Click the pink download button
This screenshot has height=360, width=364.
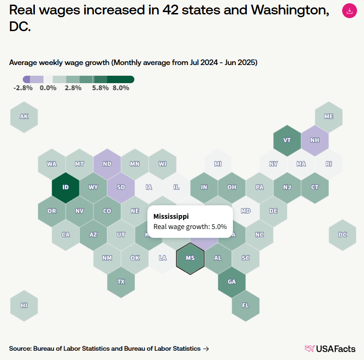pos(349,11)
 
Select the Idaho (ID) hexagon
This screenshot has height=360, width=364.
pos(66,187)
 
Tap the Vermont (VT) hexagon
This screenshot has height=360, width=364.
pos(287,140)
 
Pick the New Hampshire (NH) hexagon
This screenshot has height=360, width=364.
pos(315,140)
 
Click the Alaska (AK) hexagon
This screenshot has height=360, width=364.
pos(24,117)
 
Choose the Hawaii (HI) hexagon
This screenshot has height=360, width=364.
pos(24,305)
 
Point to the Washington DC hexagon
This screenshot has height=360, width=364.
pos(343,235)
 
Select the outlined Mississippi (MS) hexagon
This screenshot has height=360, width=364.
pos(190,258)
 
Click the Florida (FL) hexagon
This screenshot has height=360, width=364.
pos(245,305)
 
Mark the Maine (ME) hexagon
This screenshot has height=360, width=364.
pos(329,117)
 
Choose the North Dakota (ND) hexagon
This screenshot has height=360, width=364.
pos(107,164)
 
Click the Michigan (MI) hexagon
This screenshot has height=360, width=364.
pos(218,164)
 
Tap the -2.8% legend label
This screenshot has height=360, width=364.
pos(23,88)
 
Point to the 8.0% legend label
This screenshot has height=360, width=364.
pos(121,88)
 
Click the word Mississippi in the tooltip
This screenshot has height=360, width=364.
pos(171,216)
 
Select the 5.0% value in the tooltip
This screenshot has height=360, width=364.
pos(218,227)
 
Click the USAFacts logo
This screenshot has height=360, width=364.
pos(330,348)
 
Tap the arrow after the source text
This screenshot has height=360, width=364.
pos(206,348)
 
